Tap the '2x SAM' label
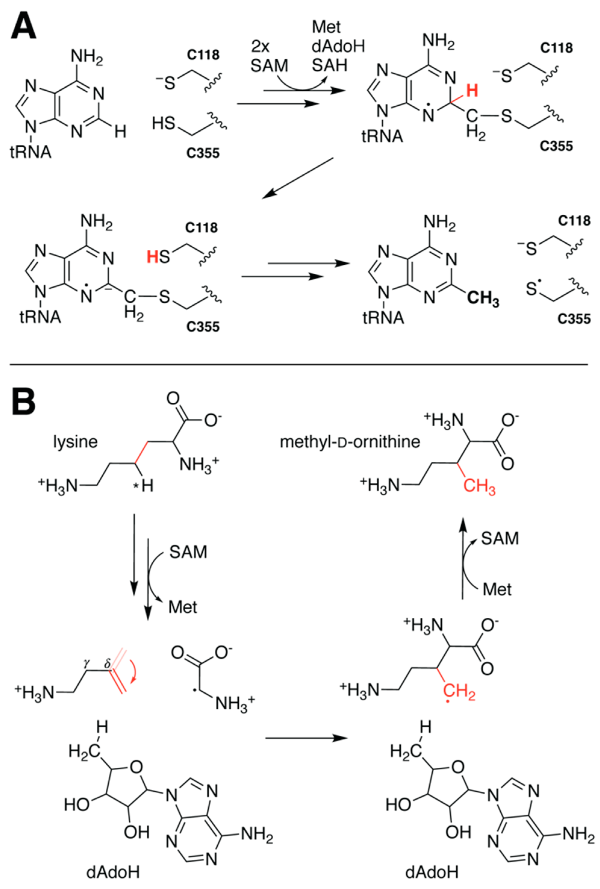tap(269, 57)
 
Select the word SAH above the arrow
tap(330, 66)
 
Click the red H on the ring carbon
tap(472, 91)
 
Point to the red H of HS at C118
tap(152, 257)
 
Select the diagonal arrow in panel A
tap(297, 179)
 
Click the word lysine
tap(75, 442)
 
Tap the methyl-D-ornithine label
tap(350, 442)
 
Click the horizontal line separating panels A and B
tap(298, 365)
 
